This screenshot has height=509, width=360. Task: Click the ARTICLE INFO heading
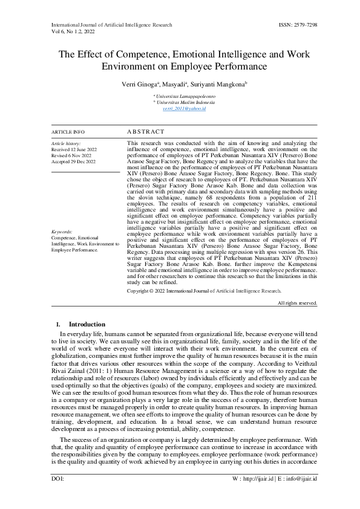coord(68,131)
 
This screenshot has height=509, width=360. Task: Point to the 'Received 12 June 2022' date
coord(74,149)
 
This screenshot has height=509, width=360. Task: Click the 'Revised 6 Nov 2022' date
coord(72,155)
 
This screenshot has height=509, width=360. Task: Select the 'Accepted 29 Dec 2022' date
coord(74,161)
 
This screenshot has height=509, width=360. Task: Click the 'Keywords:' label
coord(62,232)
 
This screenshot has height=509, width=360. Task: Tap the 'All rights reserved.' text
coord(296,302)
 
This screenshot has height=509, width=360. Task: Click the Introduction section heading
coord(87,325)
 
